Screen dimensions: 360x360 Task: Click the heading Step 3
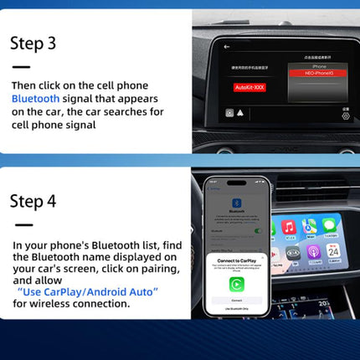(x=33, y=44)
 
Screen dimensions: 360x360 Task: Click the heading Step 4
(x=33, y=201)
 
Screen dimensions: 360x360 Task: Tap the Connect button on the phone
(x=237, y=298)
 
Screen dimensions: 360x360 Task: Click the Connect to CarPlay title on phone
(x=237, y=260)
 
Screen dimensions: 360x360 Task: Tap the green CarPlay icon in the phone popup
(x=237, y=283)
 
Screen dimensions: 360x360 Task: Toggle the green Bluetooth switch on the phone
(x=259, y=230)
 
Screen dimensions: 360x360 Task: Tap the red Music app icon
(x=289, y=227)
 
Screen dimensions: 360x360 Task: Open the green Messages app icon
(x=331, y=225)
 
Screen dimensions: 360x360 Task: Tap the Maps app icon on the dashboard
(x=310, y=225)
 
